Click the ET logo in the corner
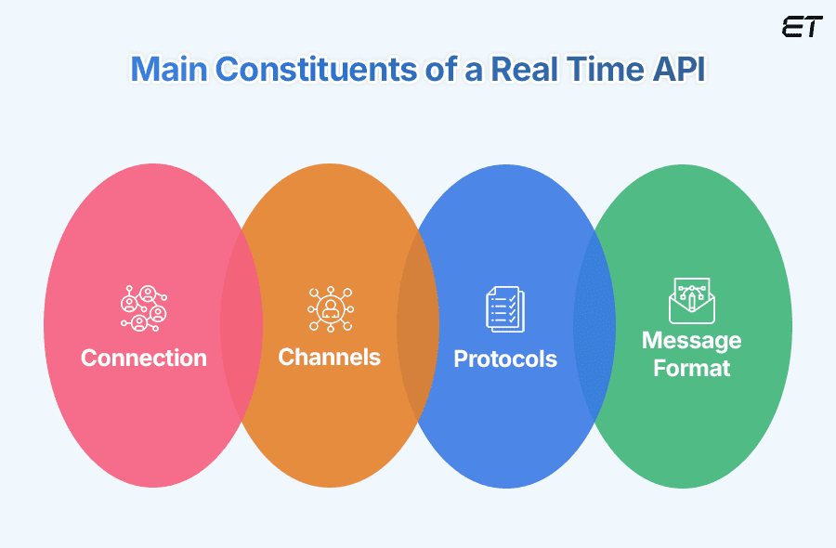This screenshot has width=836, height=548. click(802, 27)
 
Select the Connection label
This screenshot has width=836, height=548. click(144, 359)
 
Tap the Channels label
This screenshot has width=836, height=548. click(329, 358)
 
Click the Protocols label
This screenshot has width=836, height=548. click(505, 359)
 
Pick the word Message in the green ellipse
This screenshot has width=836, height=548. click(691, 341)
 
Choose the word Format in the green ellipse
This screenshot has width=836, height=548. click(691, 369)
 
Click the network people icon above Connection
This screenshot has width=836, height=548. click(144, 308)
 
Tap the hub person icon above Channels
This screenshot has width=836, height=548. click(330, 308)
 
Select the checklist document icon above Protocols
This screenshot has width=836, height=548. click(505, 308)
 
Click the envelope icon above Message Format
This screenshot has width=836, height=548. click(691, 299)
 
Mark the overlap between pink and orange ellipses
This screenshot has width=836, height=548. click(242, 325)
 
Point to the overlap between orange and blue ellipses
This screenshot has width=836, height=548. click(418, 325)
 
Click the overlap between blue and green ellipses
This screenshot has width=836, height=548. click(594, 325)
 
